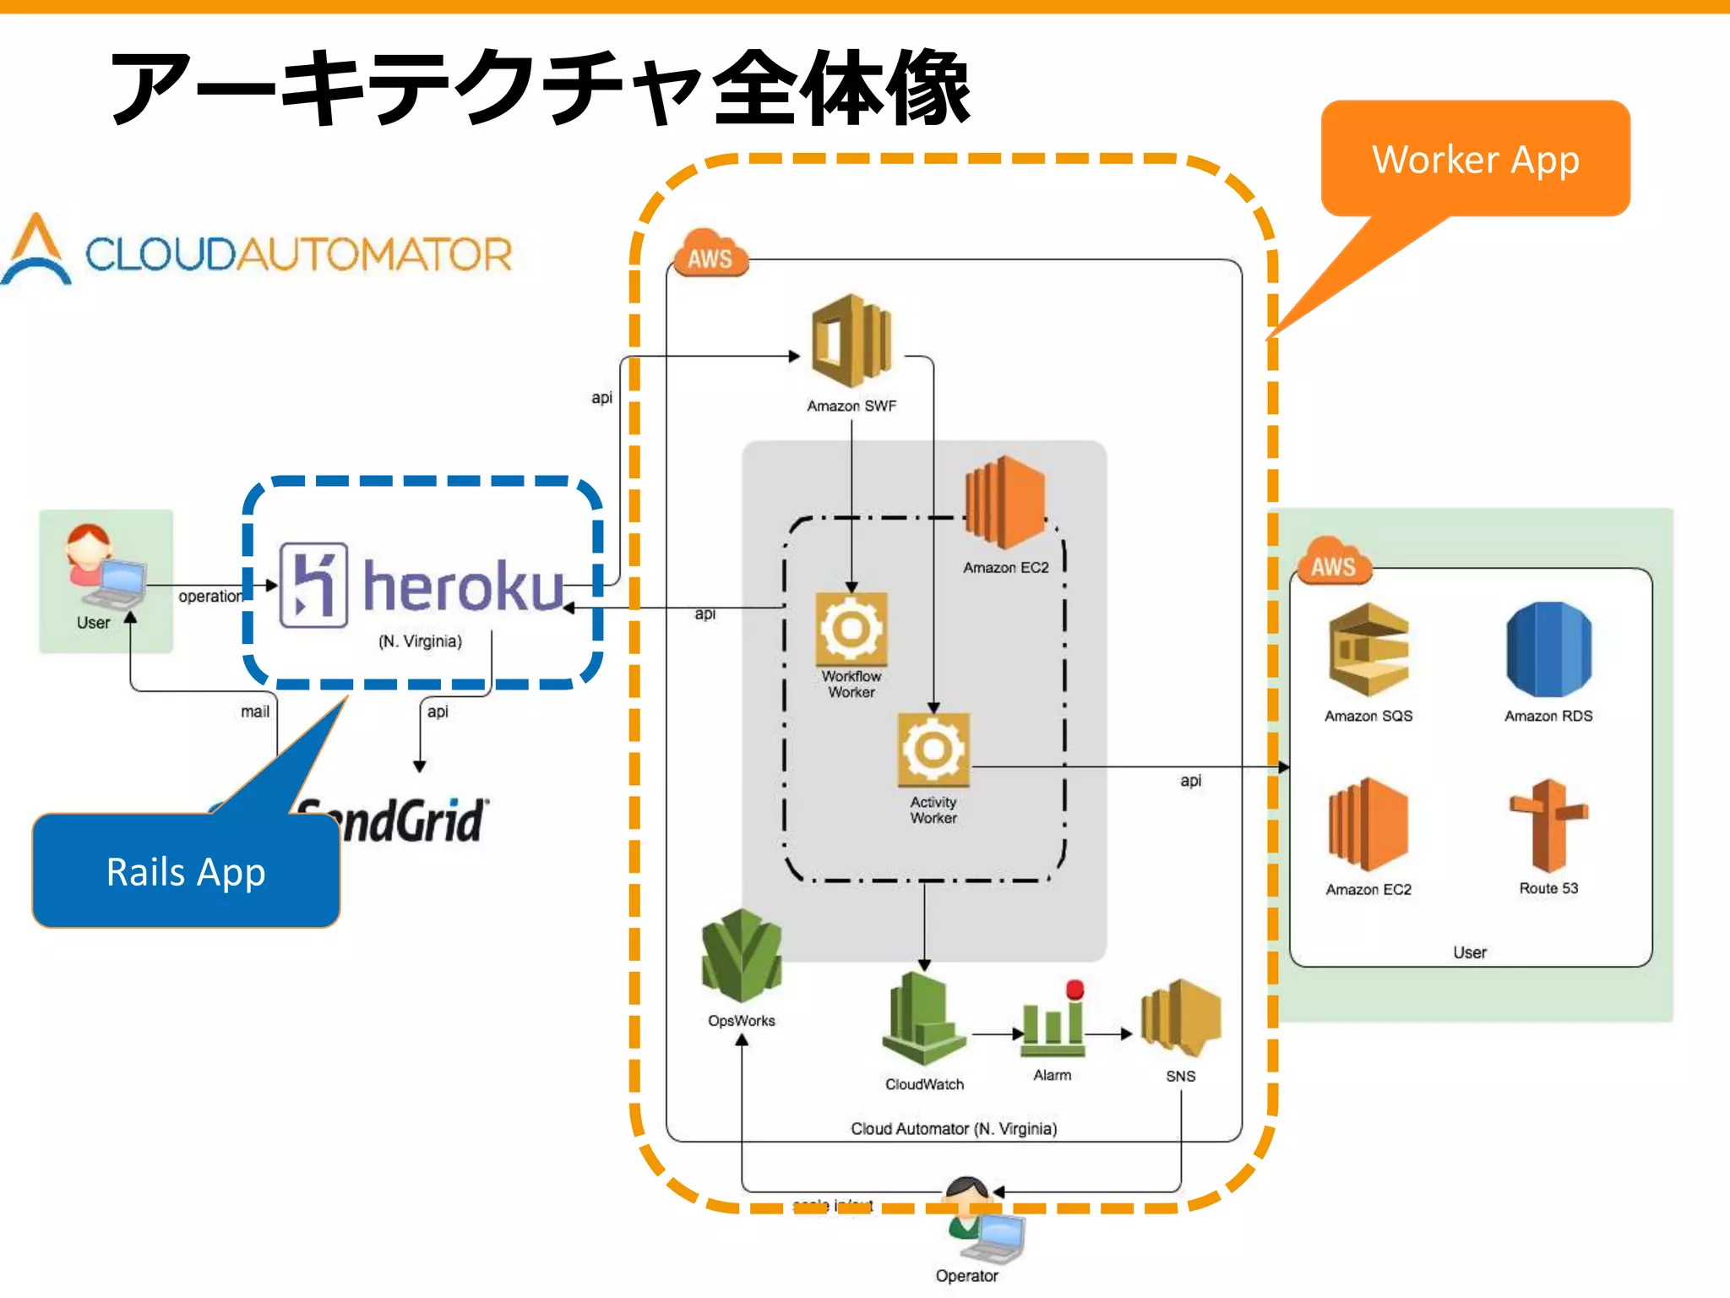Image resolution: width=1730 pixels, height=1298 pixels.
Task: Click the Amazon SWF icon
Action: point(851,341)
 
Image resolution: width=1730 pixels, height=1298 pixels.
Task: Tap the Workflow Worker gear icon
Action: point(851,629)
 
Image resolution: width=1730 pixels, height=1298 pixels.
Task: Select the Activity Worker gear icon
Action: point(933,750)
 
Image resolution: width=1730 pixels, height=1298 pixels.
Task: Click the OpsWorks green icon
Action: point(741,956)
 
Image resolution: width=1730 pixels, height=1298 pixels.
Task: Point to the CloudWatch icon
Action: point(924,1020)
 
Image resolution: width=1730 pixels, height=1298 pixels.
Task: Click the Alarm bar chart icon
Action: point(1052,1022)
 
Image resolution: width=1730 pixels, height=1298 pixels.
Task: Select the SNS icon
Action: point(1180,1018)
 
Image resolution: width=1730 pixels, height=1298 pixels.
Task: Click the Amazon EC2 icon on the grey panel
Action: point(1005,503)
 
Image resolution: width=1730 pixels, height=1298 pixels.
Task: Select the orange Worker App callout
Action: point(1475,159)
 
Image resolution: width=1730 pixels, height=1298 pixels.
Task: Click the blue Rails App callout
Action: point(186,871)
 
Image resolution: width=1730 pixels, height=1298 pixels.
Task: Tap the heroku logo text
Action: point(463,586)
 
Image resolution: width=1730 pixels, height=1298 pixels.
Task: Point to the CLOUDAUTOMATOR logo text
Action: point(298,254)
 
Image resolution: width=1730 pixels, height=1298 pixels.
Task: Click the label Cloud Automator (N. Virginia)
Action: point(954,1129)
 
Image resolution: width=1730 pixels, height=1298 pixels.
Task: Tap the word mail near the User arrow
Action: point(255,712)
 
